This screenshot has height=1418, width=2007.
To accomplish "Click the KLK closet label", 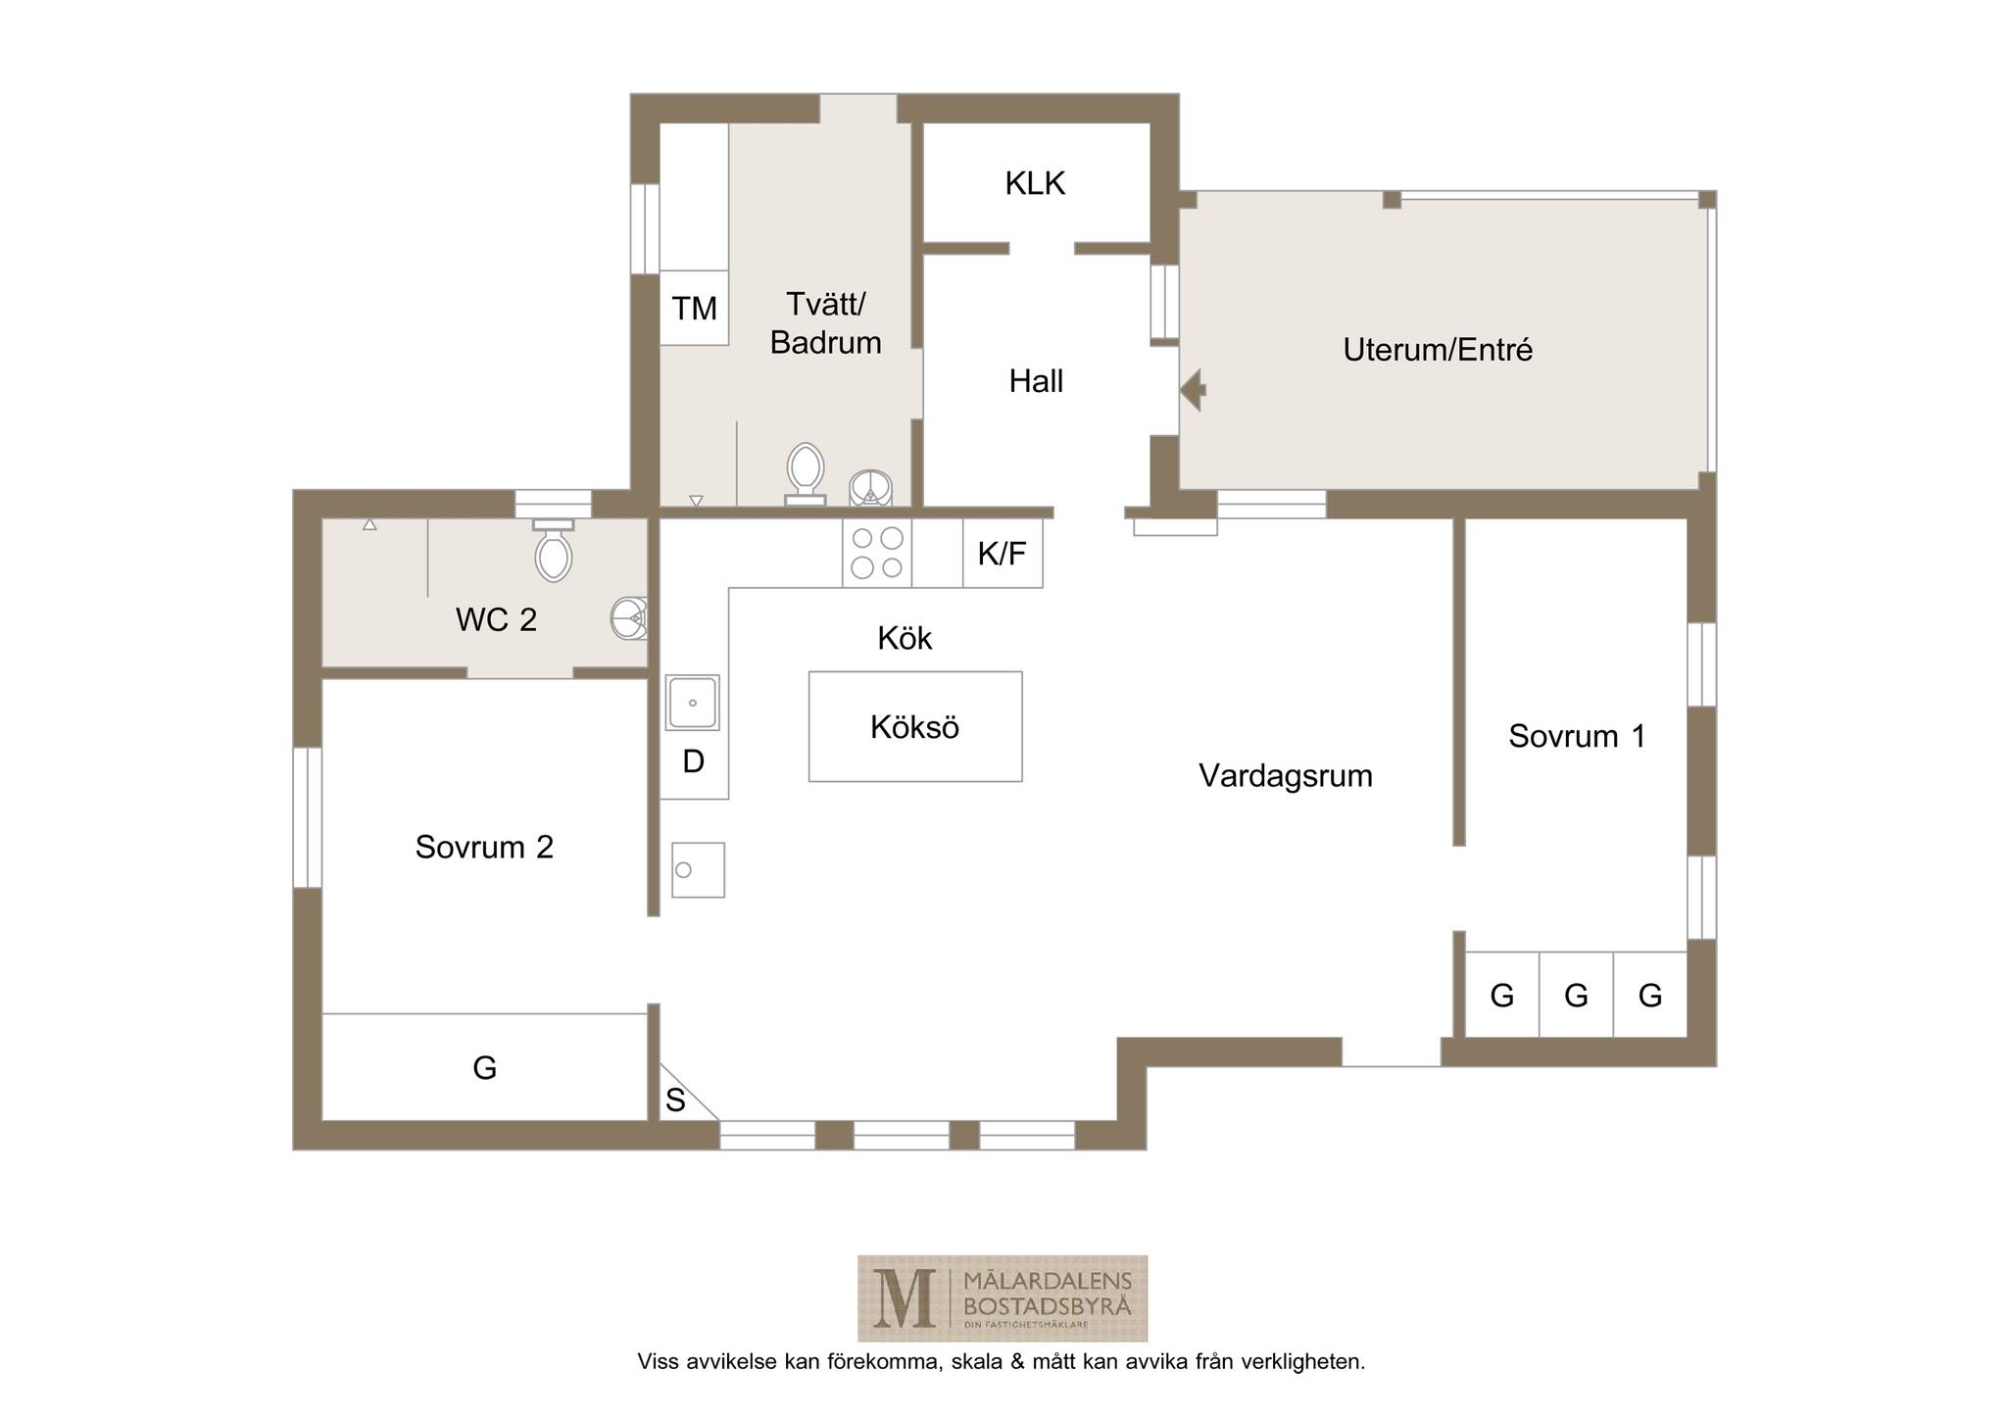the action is (1035, 183).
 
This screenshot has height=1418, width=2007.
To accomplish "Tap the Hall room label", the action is (1036, 381).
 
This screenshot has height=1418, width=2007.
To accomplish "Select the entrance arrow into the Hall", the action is (1193, 390).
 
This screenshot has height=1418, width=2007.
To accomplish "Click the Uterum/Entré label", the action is (1438, 350).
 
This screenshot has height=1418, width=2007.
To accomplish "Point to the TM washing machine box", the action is (694, 308).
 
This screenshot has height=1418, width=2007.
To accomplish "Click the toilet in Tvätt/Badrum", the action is (806, 474).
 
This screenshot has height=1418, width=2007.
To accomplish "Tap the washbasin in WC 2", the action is (629, 617).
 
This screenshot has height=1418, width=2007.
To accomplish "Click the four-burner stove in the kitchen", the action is (877, 553).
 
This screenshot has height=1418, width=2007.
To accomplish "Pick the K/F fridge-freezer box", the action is (1003, 554).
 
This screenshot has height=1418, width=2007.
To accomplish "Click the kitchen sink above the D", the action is (693, 703).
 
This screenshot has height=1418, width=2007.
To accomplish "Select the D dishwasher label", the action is (693, 761).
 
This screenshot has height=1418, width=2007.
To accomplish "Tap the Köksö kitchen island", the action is (915, 726).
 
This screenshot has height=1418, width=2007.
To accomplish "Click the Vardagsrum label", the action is (1286, 776).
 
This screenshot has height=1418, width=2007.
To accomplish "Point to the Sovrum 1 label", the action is (1577, 736).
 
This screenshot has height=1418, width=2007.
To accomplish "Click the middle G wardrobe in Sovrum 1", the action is (1576, 995).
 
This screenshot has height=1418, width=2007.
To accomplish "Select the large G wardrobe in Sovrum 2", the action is (485, 1066).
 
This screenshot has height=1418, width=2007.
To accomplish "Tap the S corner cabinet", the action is (676, 1100).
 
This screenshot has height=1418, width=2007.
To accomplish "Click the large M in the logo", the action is (903, 1298).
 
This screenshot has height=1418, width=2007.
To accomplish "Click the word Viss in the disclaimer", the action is (657, 1361).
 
